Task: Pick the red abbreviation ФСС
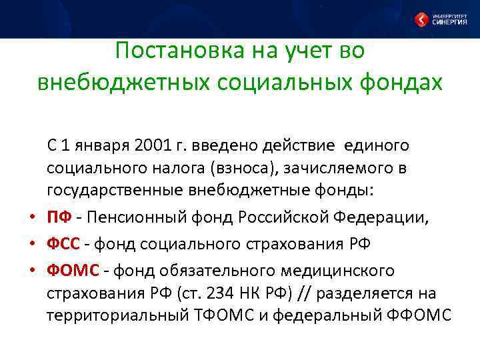point(65,243)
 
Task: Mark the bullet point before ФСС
point(31,244)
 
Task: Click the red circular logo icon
point(421,18)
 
